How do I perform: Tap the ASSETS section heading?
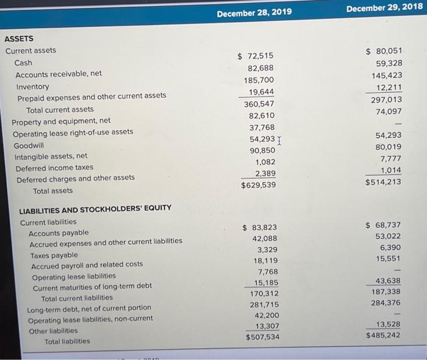19,38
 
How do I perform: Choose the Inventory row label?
32,86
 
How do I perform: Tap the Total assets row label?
52,190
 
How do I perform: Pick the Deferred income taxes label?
54,167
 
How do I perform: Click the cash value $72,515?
255,56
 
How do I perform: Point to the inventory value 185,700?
259,80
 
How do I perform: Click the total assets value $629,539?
258,185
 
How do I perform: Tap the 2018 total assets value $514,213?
384,182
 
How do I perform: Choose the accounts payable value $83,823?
260,228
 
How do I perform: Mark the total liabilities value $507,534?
263,337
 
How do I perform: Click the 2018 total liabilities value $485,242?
384,335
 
